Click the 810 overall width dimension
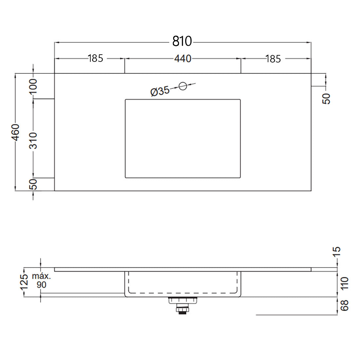click(182, 41)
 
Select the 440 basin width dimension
click(182, 59)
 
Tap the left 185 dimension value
click(95, 58)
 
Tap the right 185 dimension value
click(273, 59)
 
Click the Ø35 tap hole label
click(160, 91)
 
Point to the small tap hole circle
click(183, 86)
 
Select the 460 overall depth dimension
click(15, 132)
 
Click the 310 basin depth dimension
click(33, 141)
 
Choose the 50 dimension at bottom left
click(33, 185)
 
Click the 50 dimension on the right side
click(327, 99)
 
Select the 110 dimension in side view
click(344, 283)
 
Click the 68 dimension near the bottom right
click(344, 305)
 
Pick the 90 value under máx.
click(42, 285)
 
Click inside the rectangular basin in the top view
click(183, 138)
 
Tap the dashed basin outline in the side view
click(183, 292)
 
